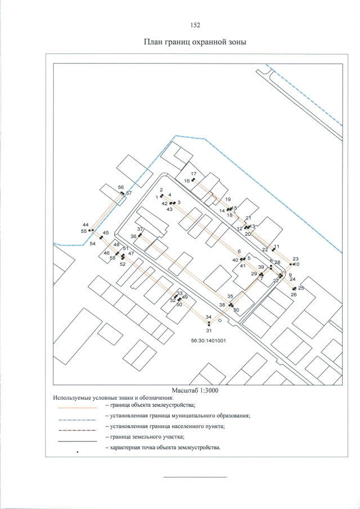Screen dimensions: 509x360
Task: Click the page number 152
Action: point(195,25)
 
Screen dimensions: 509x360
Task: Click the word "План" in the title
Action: point(154,42)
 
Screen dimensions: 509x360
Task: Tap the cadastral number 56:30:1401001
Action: point(205,340)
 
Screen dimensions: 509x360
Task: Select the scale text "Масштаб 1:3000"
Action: point(194,390)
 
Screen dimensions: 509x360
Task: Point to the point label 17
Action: point(193,174)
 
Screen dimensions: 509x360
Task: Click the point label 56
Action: point(120,187)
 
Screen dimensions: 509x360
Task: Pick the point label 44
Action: point(85,224)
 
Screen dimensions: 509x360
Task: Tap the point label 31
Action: point(208,330)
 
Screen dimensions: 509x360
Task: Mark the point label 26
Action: point(294,294)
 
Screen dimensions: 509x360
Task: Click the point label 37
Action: point(141,229)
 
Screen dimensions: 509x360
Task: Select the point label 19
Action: point(228,199)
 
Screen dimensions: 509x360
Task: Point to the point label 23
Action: point(295,258)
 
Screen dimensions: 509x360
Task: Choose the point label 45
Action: point(106,233)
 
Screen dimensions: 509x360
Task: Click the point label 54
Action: point(93,244)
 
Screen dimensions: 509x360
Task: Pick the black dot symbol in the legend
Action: point(78,452)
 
